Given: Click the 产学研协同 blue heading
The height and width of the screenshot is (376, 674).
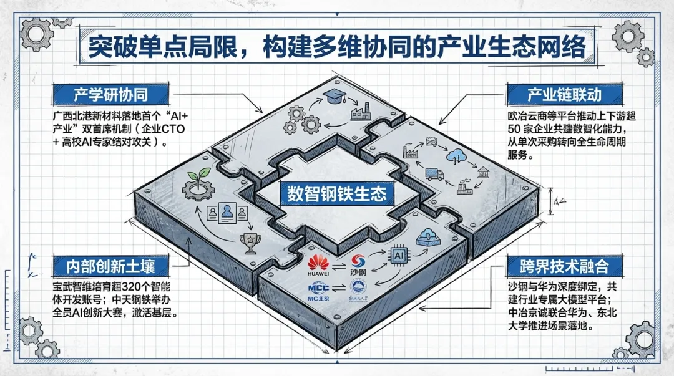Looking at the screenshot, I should (x=112, y=95).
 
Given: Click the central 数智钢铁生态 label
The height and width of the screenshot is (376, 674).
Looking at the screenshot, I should (x=337, y=193).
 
